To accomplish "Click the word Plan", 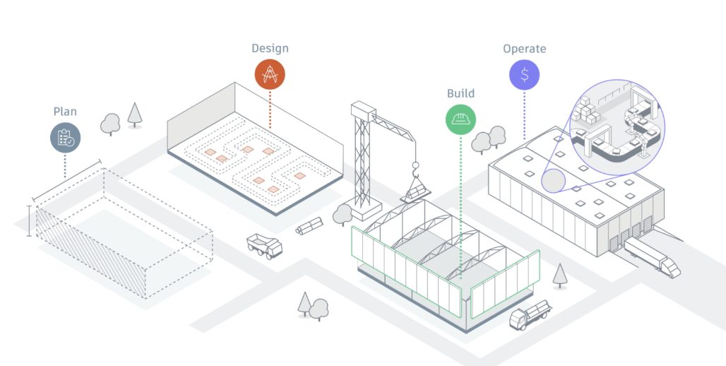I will point(65,112).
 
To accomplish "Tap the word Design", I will point(270,49).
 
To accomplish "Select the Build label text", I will point(460,93).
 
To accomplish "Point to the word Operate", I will point(524,49).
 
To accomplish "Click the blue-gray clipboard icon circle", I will point(65,137).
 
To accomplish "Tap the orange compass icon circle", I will point(270,74).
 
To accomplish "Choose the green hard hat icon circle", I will point(460,119).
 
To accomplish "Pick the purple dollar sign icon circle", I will point(524,74).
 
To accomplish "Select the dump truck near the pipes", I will point(264,245).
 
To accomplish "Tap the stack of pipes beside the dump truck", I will point(309,225).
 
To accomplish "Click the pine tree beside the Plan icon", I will point(134,114).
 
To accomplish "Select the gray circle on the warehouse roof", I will point(555,179).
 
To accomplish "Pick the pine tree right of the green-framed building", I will point(560,274).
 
